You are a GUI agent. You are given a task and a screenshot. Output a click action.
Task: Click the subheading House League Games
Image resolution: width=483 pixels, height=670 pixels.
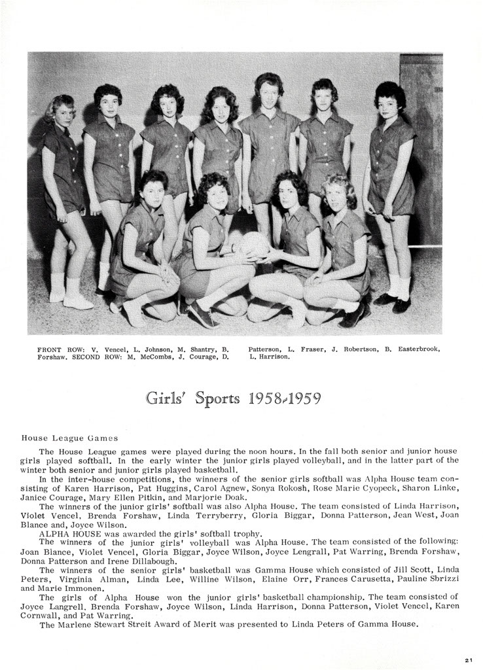click(x=69, y=438)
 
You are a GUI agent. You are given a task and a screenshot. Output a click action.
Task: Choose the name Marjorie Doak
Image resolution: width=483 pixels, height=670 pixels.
click(x=209, y=498)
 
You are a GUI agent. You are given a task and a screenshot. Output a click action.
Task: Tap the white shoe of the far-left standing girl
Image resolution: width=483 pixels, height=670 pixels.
click(x=77, y=301)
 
